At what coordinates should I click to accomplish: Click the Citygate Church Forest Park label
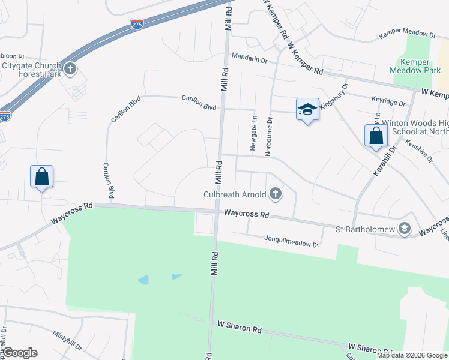click(31, 70)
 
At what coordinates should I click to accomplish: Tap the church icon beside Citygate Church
click(71, 68)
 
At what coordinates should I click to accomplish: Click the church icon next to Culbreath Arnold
click(276, 193)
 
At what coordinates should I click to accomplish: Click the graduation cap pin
click(307, 110)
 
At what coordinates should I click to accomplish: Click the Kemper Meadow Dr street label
click(406, 36)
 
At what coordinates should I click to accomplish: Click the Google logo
click(20, 353)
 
